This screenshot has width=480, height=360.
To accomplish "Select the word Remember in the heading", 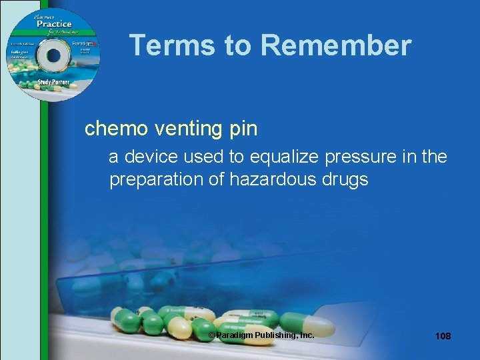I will pos(336,45).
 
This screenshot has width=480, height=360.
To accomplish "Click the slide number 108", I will pos(443,336).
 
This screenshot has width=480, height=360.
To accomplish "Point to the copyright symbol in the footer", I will pos(212,335).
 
